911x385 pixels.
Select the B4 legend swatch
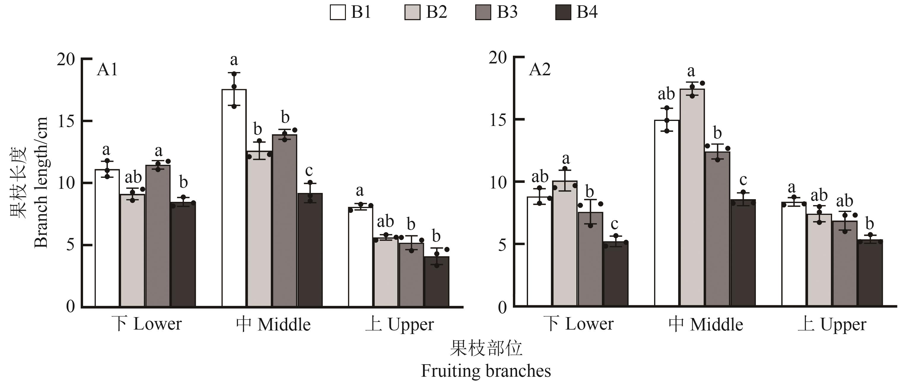[x=563, y=12]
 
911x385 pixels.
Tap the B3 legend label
[x=507, y=12]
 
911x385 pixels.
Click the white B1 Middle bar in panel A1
[x=234, y=198]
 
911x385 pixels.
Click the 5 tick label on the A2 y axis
[x=502, y=245]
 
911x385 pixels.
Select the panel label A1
[x=107, y=70]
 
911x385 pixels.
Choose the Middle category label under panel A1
[x=274, y=324]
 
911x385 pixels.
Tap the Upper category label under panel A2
[x=832, y=324]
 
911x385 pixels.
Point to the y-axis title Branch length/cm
[x=41, y=182]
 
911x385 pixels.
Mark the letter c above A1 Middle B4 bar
[x=309, y=171]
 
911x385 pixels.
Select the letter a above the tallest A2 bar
[x=691, y=71]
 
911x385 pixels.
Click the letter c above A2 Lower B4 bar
[x=614, y=224]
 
